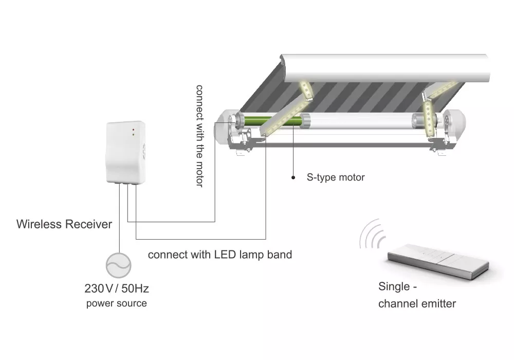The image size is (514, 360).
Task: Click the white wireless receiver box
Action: (x=125, y=152)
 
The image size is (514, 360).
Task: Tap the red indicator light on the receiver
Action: (x=133, y=129)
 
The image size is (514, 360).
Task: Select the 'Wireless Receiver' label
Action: (x=64, y=224)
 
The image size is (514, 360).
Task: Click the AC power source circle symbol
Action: (x=118, y=265)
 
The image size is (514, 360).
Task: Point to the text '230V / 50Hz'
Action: (x=117, y=288)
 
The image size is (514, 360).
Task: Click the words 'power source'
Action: (x=116, y=303)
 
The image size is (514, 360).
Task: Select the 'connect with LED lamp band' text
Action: (x=219, y=255)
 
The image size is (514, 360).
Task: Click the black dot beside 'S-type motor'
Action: (x=293, y=177)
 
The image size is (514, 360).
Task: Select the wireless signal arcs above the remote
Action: (x=373, y=234)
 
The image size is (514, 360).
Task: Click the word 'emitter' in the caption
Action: (x=436, y=303)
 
